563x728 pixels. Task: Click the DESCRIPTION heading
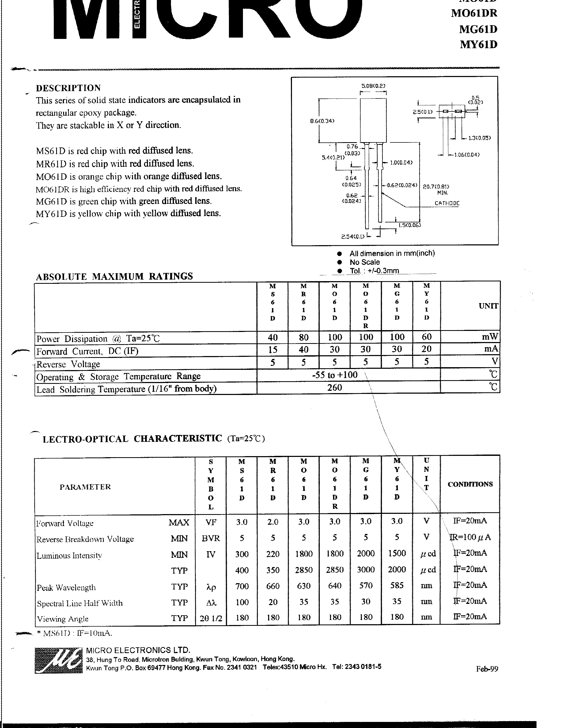68,88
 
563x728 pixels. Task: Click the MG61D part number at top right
478,29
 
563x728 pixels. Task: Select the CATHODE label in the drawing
447,203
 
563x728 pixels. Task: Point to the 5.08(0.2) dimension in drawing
373,86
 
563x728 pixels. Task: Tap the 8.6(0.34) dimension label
322,121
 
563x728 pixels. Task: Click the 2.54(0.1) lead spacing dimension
353,236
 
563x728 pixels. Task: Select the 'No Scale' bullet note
364,262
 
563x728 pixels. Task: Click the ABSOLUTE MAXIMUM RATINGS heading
114,276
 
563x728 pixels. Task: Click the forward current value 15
273,350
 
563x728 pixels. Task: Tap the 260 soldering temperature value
335,387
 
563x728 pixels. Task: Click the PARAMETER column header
85,487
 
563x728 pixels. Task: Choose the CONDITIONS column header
470,484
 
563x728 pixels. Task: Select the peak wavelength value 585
397,585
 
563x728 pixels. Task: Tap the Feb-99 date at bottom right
487,669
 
